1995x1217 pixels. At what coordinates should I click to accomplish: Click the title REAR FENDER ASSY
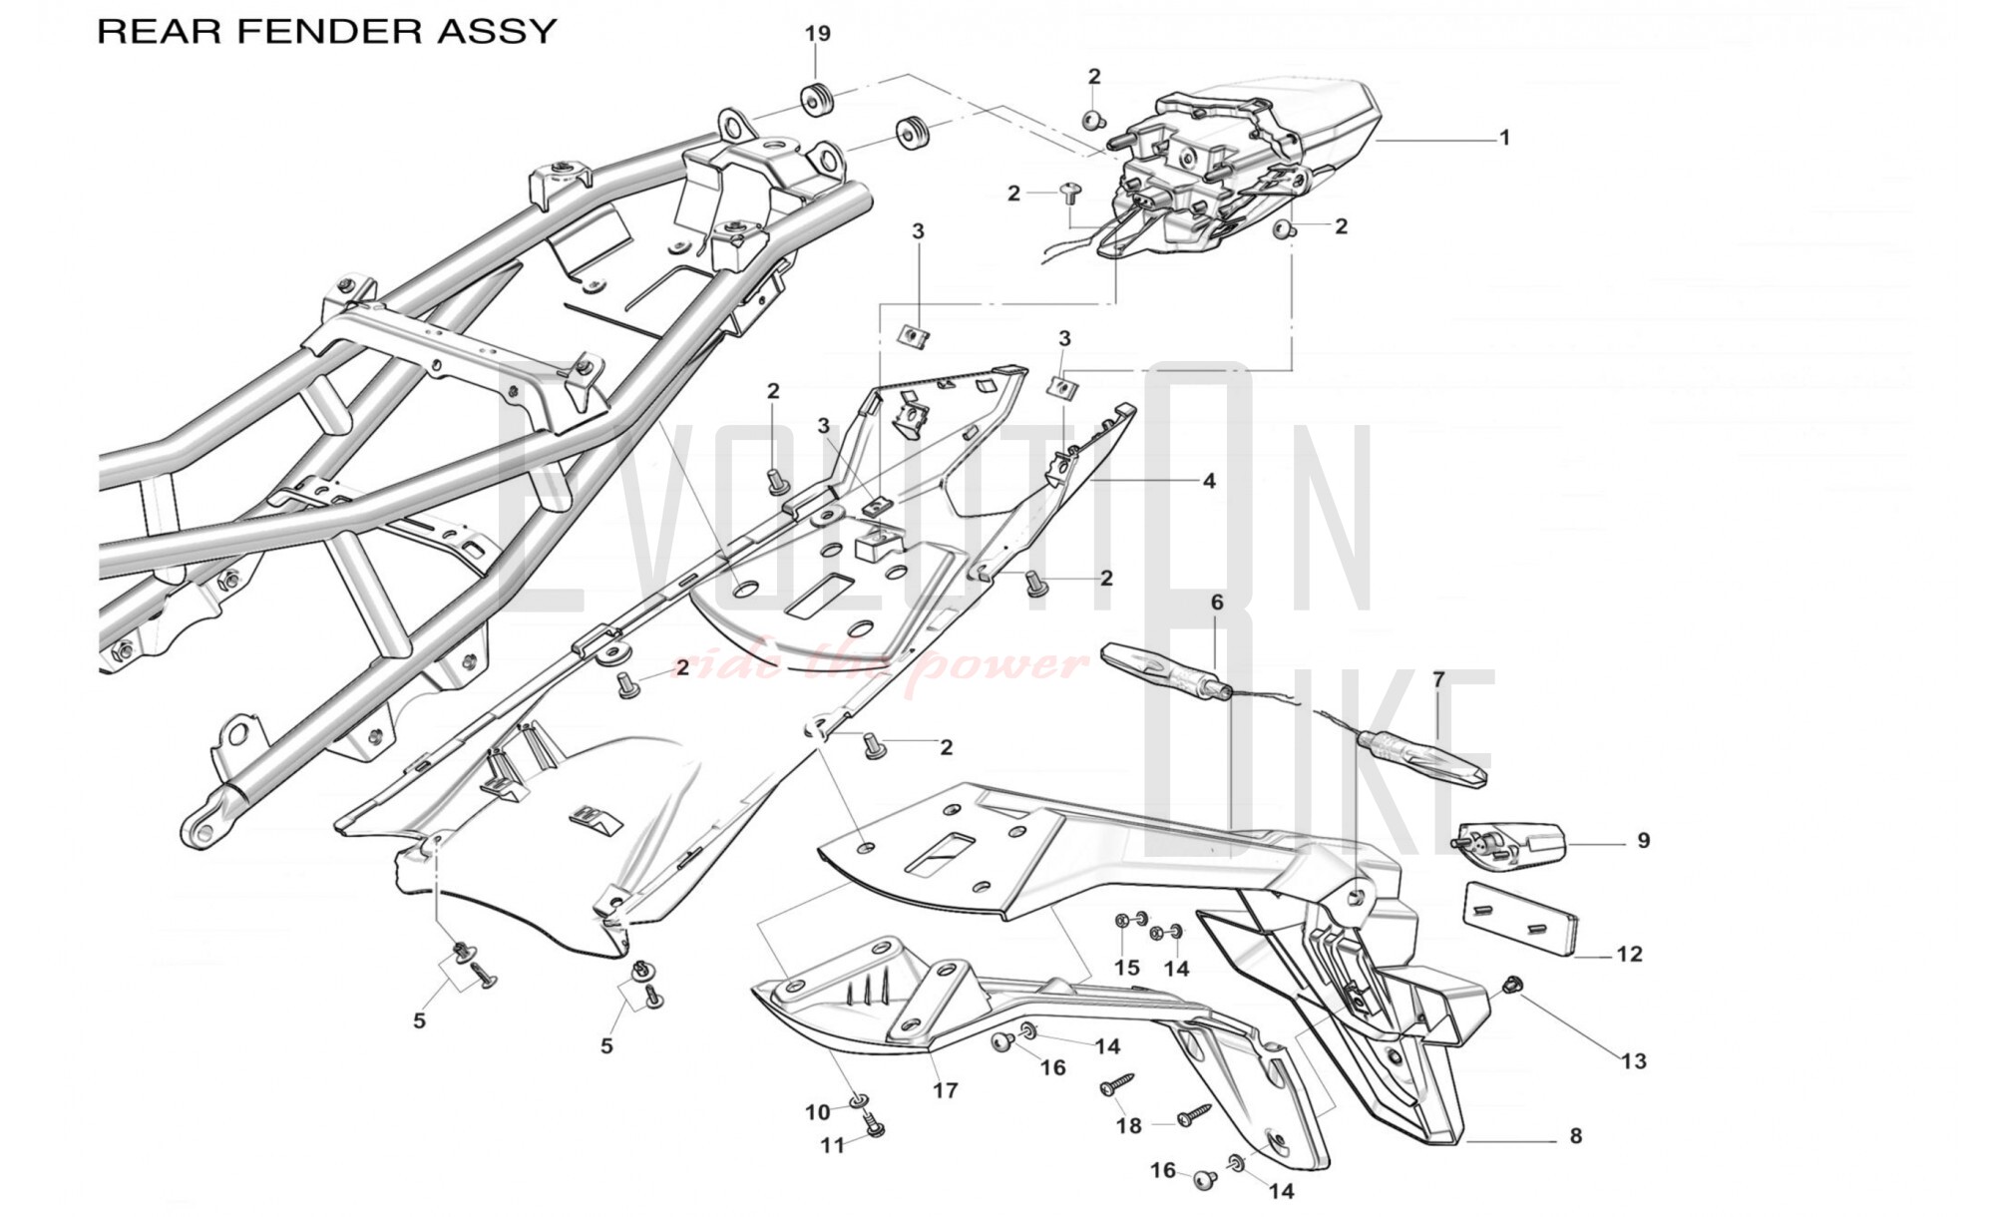point(326,31)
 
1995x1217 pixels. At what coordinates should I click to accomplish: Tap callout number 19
point(817,34)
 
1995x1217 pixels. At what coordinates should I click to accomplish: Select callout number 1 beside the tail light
point(1504,138)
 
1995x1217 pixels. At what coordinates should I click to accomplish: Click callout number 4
point(1209,481)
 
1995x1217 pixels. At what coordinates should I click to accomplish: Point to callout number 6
point(1217,603)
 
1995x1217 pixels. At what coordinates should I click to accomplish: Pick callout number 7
point(1438,680)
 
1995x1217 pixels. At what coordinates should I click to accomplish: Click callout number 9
point(1644,841)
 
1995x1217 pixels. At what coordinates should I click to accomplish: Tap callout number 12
point(1629,955)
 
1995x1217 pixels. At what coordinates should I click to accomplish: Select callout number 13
point(1634,1060)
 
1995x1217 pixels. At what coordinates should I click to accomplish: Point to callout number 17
point(945,1090)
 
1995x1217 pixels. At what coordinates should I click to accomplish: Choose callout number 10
point(818,1112)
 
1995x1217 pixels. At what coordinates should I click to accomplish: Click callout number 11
point(832,1146)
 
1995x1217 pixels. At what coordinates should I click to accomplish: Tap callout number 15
point(1126,968)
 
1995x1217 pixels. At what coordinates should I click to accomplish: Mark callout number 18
point(1128,1126)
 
